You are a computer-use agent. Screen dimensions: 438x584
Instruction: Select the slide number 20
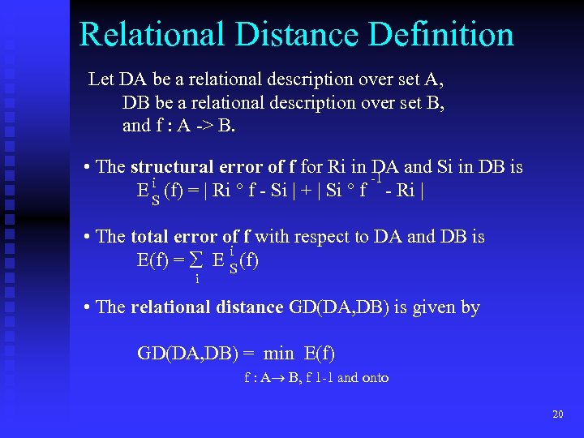tap(557, 414)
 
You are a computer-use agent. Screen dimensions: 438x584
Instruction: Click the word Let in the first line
tap(101, 79)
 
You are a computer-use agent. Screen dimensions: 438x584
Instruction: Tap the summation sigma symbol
tap(195, 260)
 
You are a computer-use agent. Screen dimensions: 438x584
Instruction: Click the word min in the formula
tap(279, 354)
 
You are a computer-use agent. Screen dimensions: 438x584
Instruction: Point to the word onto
tap(375, 377)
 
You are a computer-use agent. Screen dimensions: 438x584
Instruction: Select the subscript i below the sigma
tap(196, 279)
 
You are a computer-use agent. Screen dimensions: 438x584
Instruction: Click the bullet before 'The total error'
tap(87, 238)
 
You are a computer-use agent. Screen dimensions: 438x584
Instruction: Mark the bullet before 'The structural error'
tap(87, 168)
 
